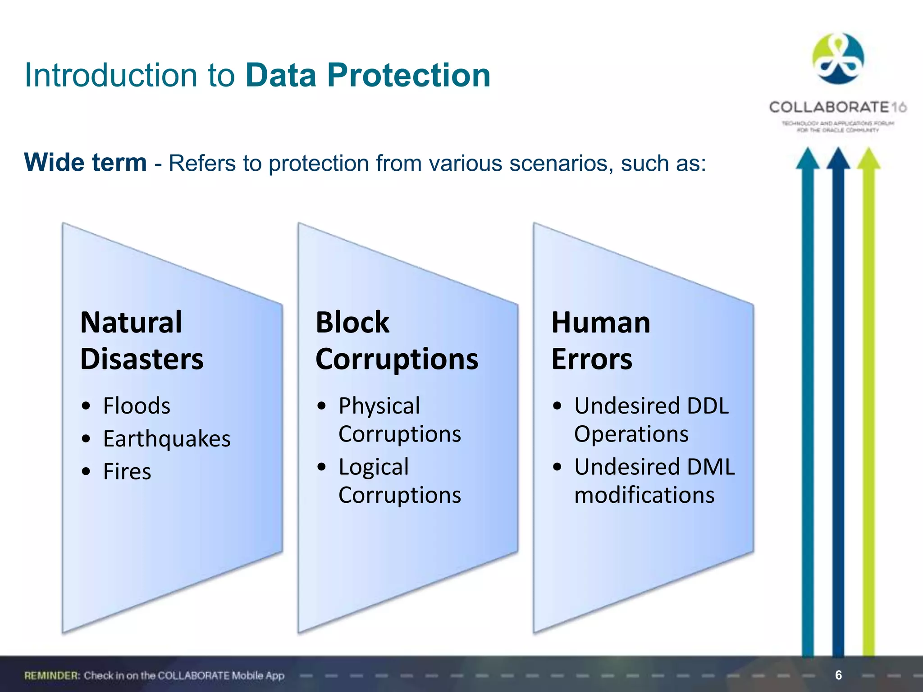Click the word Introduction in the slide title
coord(111,75)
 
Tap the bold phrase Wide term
coord(85,163)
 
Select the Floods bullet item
coord(137,406)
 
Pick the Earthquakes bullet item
coord(167,439)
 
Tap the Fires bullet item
coord(127,472)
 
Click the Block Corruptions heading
coord(397,341)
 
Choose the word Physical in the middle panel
coord(379,406)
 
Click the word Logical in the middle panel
coord(374,467)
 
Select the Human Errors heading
coord(600,341)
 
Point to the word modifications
coord(644,495)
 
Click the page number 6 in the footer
coord(838,675)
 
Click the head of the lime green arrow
coord(868,159)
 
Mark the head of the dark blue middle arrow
coord(838,159)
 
